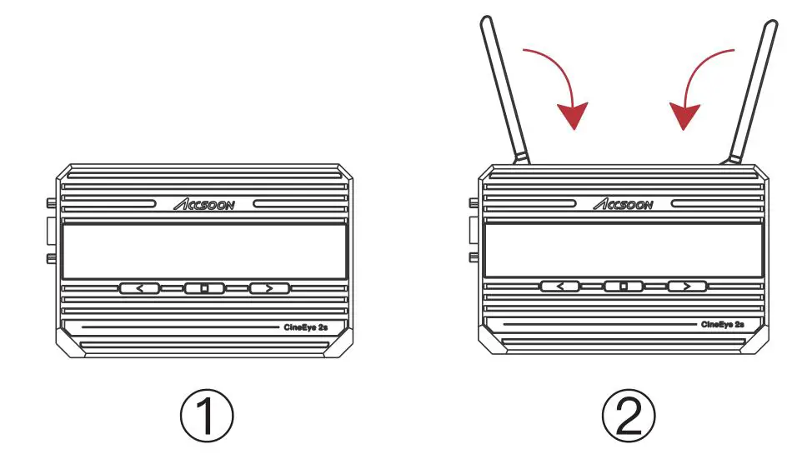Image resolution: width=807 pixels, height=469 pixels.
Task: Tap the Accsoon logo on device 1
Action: pyautogui.click(x=204, y=204)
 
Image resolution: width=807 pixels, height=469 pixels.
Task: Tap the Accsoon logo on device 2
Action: pyautogui.click(x=624, y=204)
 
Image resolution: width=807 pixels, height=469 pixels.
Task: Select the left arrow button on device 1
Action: pyautogui.click(x=140, y=288)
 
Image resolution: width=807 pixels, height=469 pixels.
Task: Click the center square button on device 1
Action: pyautogui.click(x=205, y=288)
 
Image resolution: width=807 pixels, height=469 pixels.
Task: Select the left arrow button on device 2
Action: pyautogui.click(x=560, y=287)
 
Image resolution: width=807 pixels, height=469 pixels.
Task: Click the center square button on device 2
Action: pyautogui.click(x=624, y=287)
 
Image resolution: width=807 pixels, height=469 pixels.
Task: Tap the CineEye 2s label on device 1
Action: pyautogui.click(x=305, y=328)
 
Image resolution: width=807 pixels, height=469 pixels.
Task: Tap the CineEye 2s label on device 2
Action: pyautogui.click(x=722, y=324)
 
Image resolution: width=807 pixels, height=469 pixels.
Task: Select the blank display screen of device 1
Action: pyautogui.click(x=204, y=252)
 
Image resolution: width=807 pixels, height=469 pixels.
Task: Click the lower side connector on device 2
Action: pyautogui.click(x=473, y=256)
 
